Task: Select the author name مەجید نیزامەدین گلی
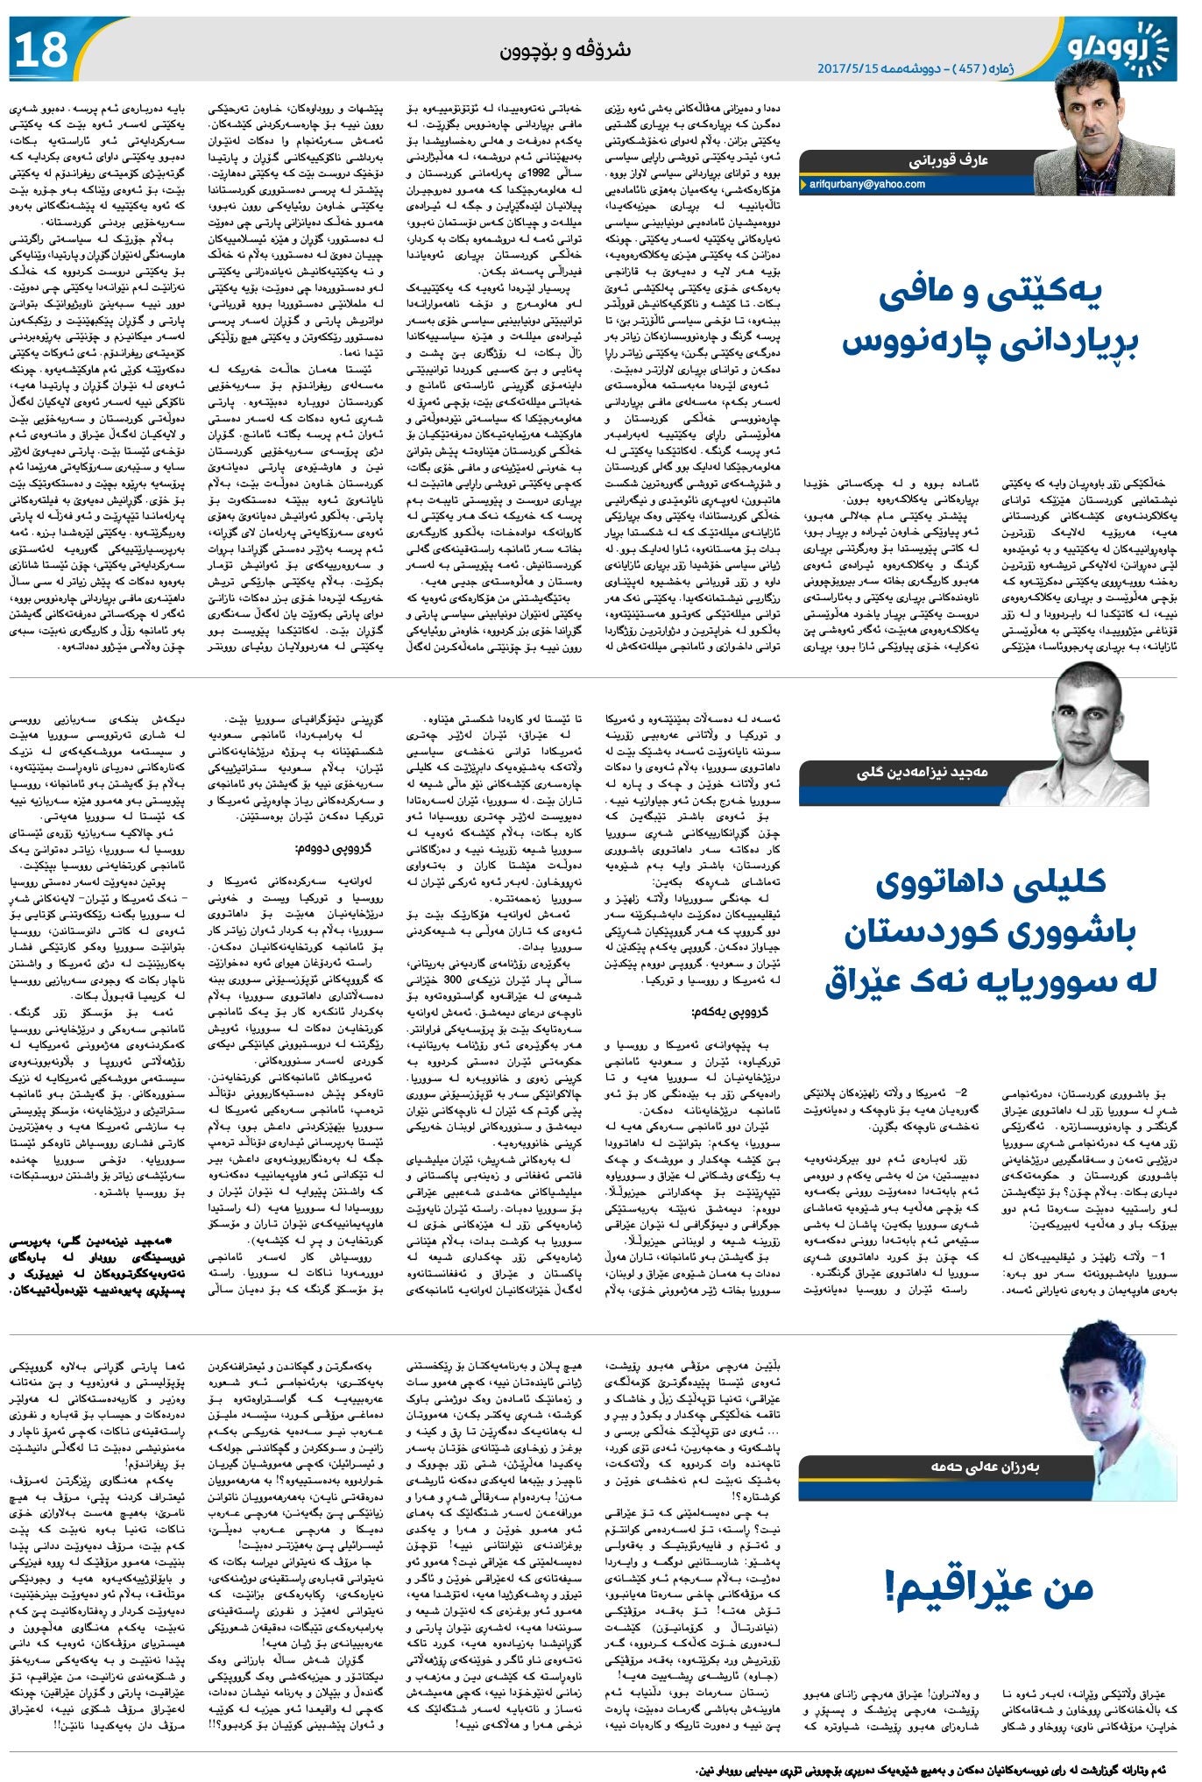coord(922,772)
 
